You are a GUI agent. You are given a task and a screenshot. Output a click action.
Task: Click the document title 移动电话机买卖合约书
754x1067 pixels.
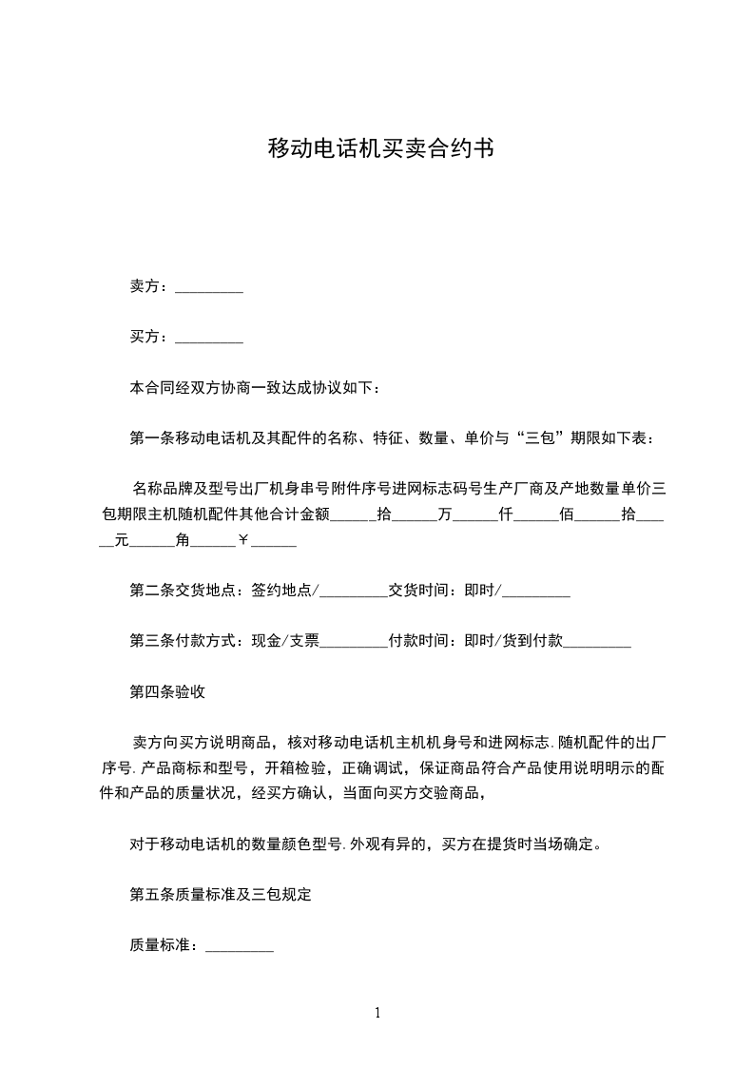click(380, 148)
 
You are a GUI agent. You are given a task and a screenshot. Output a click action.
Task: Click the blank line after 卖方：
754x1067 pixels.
click(210, 288)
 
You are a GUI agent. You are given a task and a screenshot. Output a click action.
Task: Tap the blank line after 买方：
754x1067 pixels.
click(210, 338)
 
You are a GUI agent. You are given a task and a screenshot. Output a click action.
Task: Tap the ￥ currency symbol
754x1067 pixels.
click(243, 540)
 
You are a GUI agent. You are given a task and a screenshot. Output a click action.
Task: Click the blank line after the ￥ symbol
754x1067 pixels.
click(274, 542)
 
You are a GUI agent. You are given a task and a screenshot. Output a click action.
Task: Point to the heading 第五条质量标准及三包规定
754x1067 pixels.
click(221, 894)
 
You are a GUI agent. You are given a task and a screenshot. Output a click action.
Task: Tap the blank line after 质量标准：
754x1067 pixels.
click(240, 946)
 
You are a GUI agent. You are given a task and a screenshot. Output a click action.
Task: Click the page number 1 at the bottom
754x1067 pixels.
click(377, 1013)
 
